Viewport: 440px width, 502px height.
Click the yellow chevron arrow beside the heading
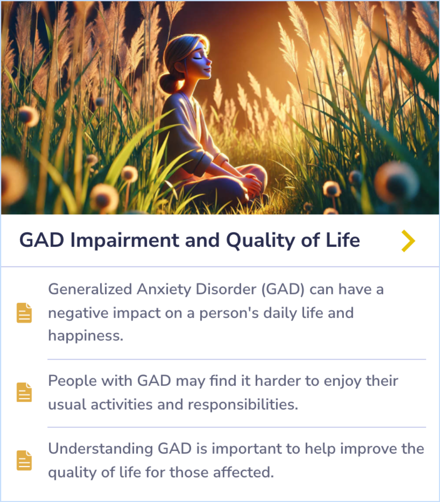tap(408, 241)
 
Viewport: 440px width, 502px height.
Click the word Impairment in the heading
tap(125, 241)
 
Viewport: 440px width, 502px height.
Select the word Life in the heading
tap(343, 240)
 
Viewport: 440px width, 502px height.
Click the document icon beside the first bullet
tap(24, 313)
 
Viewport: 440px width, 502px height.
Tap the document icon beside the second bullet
tap(24, 392)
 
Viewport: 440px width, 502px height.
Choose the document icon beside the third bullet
tap(24, 460)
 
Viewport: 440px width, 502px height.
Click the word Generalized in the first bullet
tap(90, 290)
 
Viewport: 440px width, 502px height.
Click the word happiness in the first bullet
tap(86, 336)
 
